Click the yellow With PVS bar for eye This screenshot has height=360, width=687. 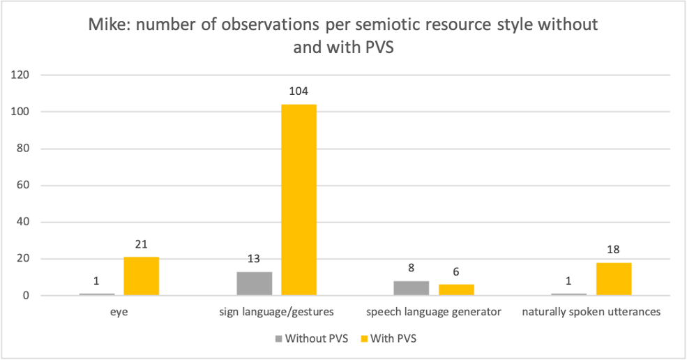(142, 276)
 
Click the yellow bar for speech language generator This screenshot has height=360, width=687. (456, 290)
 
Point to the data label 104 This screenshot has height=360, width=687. (299, 91)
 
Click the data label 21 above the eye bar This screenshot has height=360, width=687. (142, 244)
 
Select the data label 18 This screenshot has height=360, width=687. (614, 250)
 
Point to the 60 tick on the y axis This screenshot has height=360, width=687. (25, 186)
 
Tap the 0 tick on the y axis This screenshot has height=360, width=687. (28, 296)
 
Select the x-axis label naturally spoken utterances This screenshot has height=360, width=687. (591, 312)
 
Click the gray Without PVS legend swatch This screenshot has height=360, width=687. (280, 338)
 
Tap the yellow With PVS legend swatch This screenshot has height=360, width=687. (363, 338)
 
